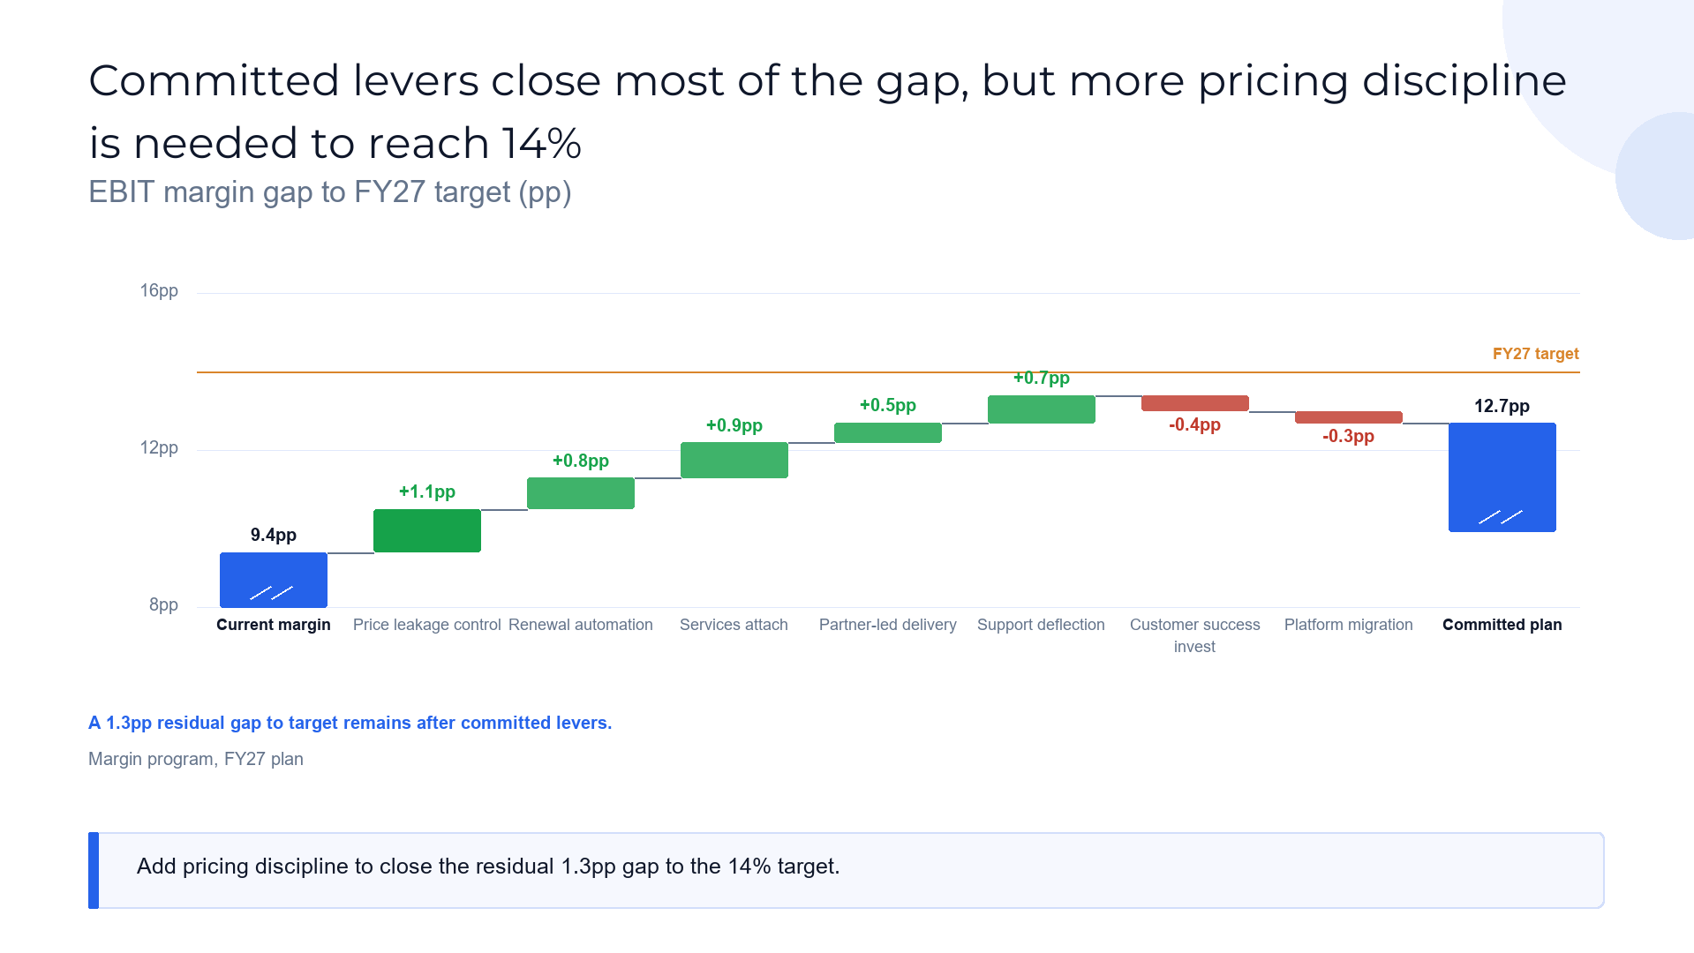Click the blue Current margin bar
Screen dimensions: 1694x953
click(274, 580)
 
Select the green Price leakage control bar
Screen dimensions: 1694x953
click(427, 530)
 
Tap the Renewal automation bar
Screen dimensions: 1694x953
click(581, 493)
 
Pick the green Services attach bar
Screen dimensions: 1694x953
click(734, 460)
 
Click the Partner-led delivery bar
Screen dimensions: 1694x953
click(888, 432)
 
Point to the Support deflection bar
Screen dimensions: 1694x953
click(1042, 409)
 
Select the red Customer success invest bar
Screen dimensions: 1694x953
click(1195, 403)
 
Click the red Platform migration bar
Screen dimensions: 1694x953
click(1349, 417)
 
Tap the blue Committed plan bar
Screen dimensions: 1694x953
click(1502, 477)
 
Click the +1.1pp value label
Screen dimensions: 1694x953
click(427, 492)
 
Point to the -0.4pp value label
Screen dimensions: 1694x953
click(1195, 424)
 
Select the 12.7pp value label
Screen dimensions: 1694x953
click(1502, 406)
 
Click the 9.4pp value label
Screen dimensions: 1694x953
click(274, 535)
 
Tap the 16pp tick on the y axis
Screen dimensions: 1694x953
click(159, 290)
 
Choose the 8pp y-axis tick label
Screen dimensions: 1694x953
click(163, 604)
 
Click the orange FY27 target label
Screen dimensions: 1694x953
click(1536, 354)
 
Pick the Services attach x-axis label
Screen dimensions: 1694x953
click(734, 625)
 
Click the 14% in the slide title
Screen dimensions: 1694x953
click(542, 143)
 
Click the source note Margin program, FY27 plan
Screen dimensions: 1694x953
click(196, 759)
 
